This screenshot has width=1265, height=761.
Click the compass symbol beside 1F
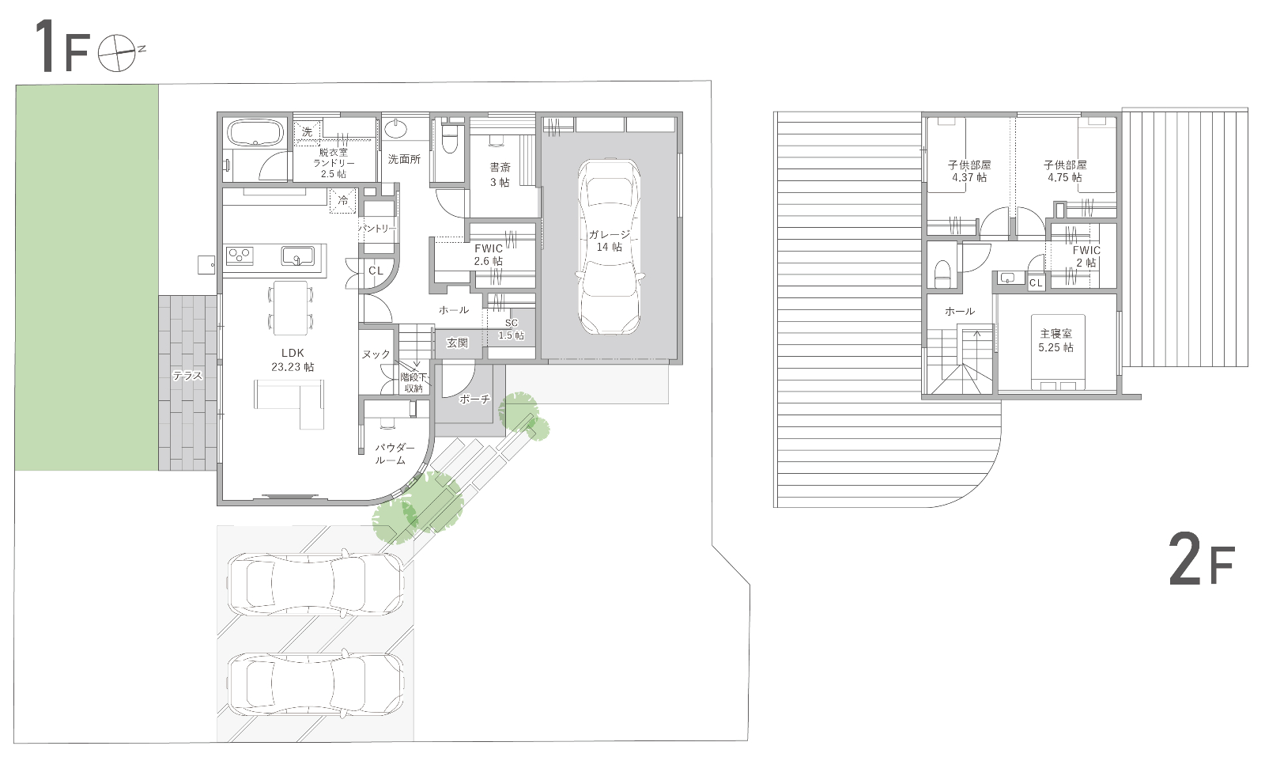tap(118, 53)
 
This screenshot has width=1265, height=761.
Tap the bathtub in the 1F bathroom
tap(255, 134)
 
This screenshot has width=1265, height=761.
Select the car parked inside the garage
tap(610, 247)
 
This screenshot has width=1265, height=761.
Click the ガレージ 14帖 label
tap(610, 240)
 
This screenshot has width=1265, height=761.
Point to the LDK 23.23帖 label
tap(293, 360)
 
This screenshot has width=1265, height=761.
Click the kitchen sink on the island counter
tap(297, 256)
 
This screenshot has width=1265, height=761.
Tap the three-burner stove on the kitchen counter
tap(240, 256)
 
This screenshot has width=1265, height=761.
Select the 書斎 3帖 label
tap(500, 175)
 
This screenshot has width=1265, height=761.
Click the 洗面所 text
tap(404, 159)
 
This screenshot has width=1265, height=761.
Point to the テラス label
tap(187, 376)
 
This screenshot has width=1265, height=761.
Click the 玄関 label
tap(458, 343)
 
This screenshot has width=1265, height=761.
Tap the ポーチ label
tap(475, 399)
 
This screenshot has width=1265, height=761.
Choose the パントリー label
tap(378, 229)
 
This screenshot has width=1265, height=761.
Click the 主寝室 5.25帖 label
tap(1056, 341)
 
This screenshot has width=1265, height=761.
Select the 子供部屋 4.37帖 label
tap(969, 171)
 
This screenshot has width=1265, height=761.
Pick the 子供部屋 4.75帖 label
tap(1065, 171)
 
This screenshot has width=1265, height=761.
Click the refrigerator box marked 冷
tap(343, 201)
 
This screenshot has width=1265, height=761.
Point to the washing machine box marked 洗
tap(307, 133)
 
